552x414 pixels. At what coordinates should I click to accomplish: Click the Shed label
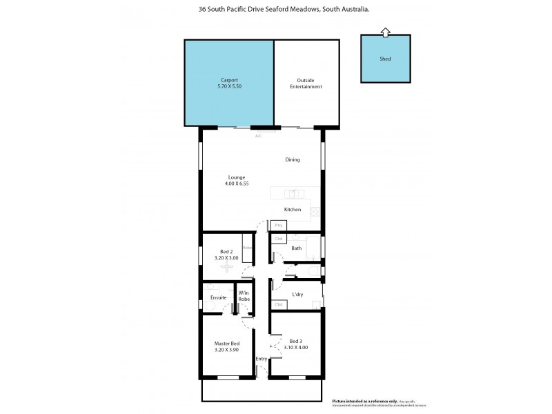tap(385, 59)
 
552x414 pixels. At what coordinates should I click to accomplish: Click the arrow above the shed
tap(385, 31)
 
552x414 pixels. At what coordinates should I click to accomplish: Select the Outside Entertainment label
tap(309, 83)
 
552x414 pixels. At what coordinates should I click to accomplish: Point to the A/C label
tap(259, 136)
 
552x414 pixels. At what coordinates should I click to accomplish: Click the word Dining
tap(293, 159)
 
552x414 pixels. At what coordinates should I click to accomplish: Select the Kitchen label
tap(293, 209)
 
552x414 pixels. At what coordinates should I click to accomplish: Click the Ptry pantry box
tap(279, 226)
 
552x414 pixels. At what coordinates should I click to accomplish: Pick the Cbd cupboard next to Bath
tap(279, 239)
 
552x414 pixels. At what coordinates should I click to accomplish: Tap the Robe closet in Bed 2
tap(247, 248)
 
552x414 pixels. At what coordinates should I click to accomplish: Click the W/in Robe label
tap(244, 296)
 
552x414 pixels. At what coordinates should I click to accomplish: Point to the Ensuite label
tap(219, 297)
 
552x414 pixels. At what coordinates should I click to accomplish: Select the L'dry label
tap(298, 295)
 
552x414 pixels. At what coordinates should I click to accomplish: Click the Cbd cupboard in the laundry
tap(279, 304)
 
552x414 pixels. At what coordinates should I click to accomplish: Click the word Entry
tap(262, 359)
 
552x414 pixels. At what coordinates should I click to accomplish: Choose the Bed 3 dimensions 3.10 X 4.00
tap(295, 347)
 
